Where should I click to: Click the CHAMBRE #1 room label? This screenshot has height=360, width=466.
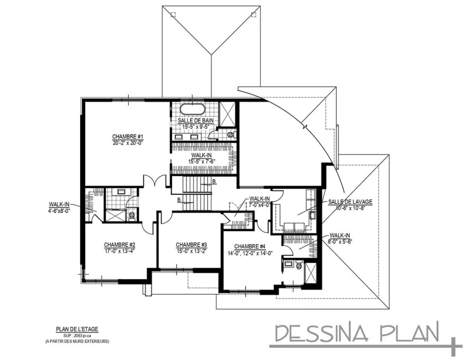[x=128, y=137]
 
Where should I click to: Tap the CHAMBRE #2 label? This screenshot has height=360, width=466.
[x=119, y=244]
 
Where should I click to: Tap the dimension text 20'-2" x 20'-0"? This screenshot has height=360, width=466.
[x=128, y=142]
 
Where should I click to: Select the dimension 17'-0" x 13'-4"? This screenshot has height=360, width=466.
[x=119, y=250]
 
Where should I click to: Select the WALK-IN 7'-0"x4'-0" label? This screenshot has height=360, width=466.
[x=259, y=202]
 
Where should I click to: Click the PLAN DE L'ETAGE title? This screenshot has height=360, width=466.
[x=77, y=329]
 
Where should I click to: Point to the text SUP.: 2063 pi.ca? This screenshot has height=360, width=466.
[x=77, y=335]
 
